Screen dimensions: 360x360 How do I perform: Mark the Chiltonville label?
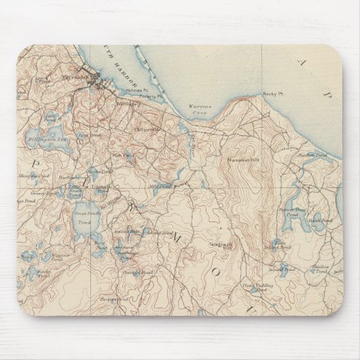click(147, 128)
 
